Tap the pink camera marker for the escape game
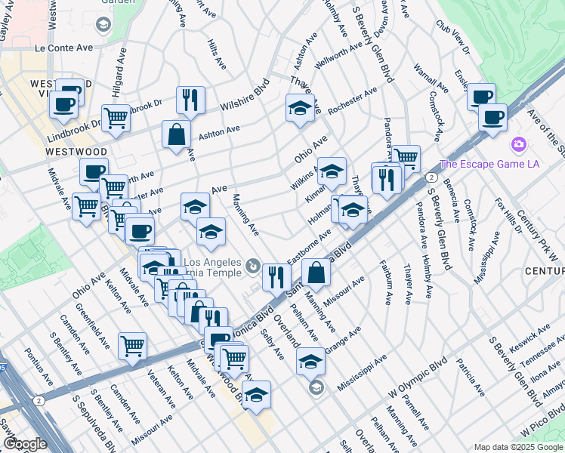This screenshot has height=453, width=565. [518, 144]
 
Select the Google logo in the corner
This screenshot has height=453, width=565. [25, 444]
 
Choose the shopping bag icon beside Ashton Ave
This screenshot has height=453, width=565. [176, 134]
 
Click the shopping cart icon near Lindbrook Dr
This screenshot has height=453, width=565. [116, 117]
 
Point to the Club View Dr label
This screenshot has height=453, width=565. [452, 37]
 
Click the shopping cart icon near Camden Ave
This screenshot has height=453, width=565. [132, 345]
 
